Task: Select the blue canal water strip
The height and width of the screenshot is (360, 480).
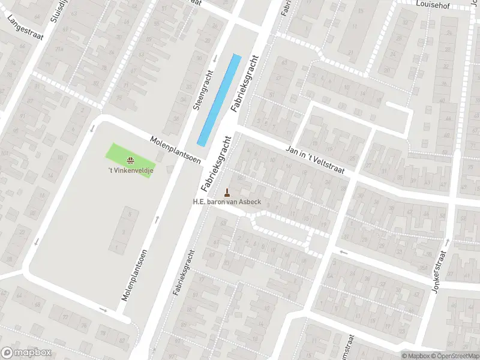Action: pyautogui.click(x=220, y=100)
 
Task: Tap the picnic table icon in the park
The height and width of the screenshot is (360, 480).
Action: pyautogui.click(x=130, y=160)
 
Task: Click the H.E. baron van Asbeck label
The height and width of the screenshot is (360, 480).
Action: pyautogui.click(x=227, y=202)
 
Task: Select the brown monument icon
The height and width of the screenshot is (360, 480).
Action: pyautogui.click(x=227, y=192)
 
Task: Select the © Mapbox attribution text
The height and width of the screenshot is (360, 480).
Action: pyautogui.click(x=416, y=356)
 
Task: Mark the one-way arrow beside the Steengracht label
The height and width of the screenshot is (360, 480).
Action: pyautogui.click(x=215, y=58)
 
